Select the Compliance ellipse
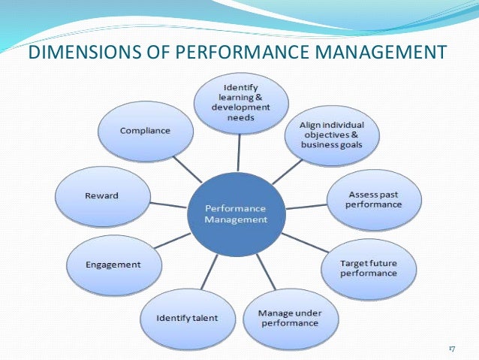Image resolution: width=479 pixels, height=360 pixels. [144, 131]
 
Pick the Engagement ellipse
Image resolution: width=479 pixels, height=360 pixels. [114, 265]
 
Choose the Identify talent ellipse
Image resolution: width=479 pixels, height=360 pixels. [187, 317]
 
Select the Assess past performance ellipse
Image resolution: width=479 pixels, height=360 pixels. [375, 199]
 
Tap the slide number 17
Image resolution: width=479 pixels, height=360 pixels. [451, 349]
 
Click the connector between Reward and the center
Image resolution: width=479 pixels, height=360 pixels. [170, 204]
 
